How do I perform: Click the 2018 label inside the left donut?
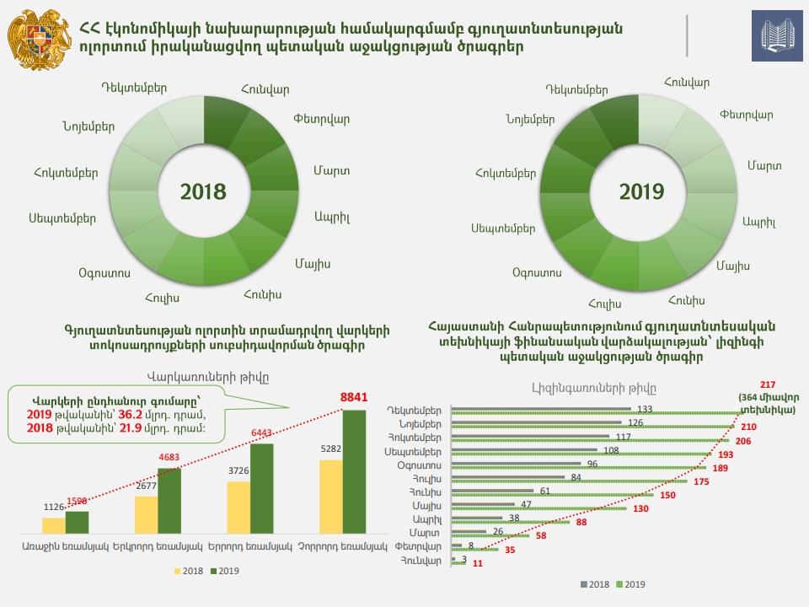coord(204,191)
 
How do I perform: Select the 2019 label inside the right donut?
coord(642,192)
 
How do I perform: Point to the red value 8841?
coord(354,396)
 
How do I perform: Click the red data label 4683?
coord(169,457)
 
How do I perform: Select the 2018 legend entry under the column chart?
coord(190,571)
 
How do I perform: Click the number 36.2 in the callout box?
coord(127,414)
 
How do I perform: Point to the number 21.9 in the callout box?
coord(128,427)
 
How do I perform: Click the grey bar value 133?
coord(645,409)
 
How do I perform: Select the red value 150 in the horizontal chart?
coord(668,494)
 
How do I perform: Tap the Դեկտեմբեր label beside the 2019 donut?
coord(577,89)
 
